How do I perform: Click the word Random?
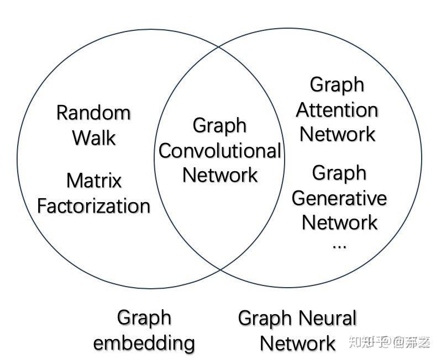coord(93,113)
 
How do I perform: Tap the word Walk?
coord(94,137)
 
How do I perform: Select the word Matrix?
coord(94,181)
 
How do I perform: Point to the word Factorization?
coord(93,206)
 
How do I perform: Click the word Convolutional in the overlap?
coord(220,151)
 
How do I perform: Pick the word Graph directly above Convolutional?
coord(219,126)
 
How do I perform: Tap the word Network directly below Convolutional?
coord(220,175)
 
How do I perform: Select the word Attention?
coord(337,110)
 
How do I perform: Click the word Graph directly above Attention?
coord(337,85)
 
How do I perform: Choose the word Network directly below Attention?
coord(337,134)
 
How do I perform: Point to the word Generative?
coord(339,198)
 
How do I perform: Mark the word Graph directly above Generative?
coord(339,173)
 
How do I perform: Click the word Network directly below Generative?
coord(339,223)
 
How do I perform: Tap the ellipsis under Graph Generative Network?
coord(339,245)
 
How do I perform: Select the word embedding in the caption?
coord(144,343)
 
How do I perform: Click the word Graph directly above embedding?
coord(144,318)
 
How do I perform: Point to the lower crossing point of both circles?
coord(219,270)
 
